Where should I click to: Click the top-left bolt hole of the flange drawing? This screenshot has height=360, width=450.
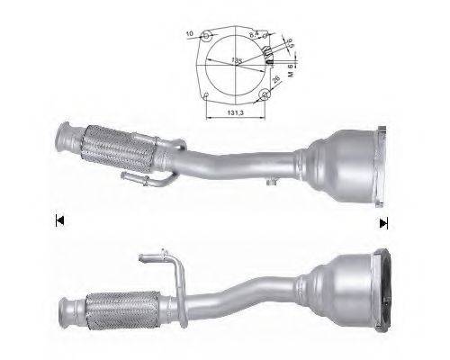tap(207, 36)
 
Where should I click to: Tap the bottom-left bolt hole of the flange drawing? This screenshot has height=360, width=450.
tap(207, 94)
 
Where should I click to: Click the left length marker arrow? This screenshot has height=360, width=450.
tap(59, 219)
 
